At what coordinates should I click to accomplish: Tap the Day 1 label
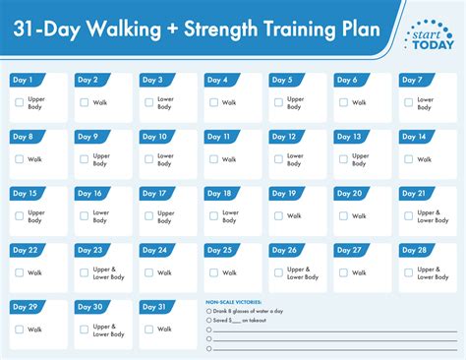point(22,80)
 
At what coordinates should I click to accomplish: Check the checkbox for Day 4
point(214,102)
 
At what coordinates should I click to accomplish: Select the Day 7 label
point(413,80)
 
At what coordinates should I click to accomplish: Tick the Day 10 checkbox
point(149,158)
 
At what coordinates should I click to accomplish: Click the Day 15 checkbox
point(20,215)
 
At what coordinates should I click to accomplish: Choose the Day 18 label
point(220,194)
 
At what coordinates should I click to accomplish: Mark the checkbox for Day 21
point(409,215)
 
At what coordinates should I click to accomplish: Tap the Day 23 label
point(90,250)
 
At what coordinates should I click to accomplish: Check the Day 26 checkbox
point(279,272)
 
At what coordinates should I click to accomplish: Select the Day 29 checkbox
point(20,329)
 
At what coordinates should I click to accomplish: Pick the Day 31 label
point(155,307)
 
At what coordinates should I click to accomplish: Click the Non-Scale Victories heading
point(233,302)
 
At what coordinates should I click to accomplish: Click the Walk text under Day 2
point(98,102)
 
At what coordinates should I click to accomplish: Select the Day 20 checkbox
point(344,215)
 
